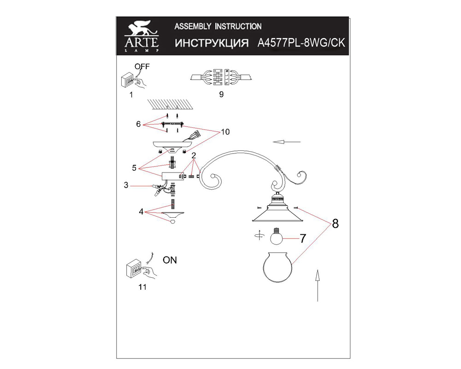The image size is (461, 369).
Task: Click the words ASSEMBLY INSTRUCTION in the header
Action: tap(218, 26)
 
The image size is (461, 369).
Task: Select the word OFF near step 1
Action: tap(142, 66)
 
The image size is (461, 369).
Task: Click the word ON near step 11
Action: tap(170, 260)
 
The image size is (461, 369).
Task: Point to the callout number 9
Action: tap(221, 95)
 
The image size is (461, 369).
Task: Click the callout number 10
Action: tap(225, 132)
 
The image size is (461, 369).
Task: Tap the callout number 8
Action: tap(335, 224)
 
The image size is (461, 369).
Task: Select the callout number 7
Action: tap(302, 238)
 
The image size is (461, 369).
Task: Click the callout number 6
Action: tap(138, 124)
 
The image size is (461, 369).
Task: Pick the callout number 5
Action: tap(134, 168)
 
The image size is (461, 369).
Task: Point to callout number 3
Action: tap(126, 186)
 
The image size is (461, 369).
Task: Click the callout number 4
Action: tap(142, 212)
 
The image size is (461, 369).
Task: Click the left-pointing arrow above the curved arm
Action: tap(286, 142)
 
